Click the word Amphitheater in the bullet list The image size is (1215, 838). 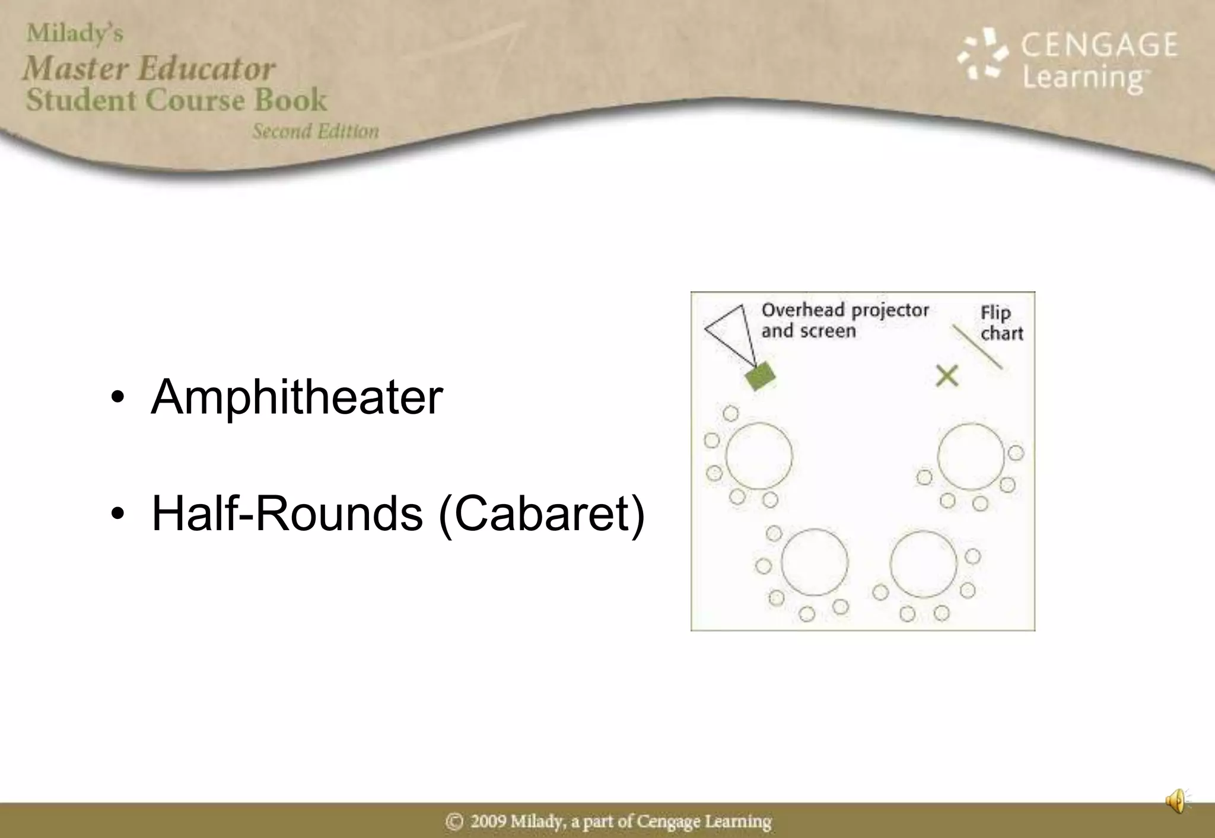pos(297,397)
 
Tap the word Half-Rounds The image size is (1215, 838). pos(287,514)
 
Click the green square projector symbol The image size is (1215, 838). pos(760,376)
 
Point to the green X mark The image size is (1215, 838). pos(947,376)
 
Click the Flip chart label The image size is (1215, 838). pos(1001,323)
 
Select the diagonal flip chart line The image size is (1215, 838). pos(977,347)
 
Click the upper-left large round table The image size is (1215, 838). pos(759,455)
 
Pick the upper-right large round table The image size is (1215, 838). pos(971,456)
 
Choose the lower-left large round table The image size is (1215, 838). pos(814,562)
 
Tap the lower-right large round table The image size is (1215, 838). pos(923,563)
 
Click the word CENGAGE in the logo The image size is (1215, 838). pos(1099,45)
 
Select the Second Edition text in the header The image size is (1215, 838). pos(316,131)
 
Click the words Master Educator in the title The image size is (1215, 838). pos(149,68)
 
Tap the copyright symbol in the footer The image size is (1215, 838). pos(454,821)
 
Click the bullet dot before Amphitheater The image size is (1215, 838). pos(117,397)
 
